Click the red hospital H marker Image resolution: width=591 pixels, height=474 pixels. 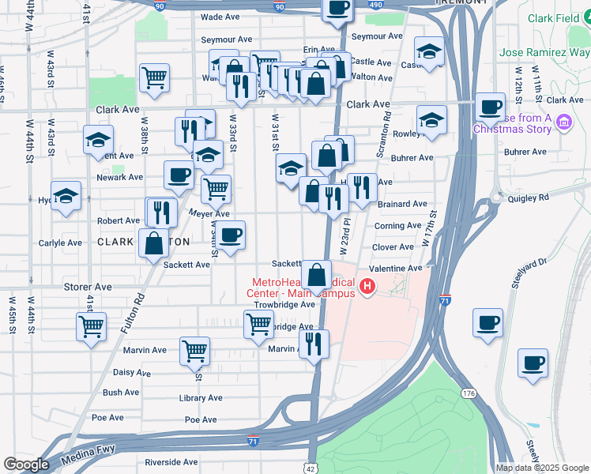coord(367,287)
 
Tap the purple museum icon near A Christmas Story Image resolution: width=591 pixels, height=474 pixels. coord(563,122)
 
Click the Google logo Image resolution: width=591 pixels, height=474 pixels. coord(26,465)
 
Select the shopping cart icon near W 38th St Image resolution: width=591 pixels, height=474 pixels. coord(154,77)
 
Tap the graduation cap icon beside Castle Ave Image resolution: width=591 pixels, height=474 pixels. coord(429,52)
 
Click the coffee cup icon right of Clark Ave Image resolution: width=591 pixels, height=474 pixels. coord(490,107)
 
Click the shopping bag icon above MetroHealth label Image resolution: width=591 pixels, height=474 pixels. coord(316,276)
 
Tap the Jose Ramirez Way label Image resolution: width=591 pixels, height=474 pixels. coord(544,54)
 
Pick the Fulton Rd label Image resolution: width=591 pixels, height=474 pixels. coord(139,299)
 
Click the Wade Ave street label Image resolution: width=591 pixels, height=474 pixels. coord(220,16)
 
